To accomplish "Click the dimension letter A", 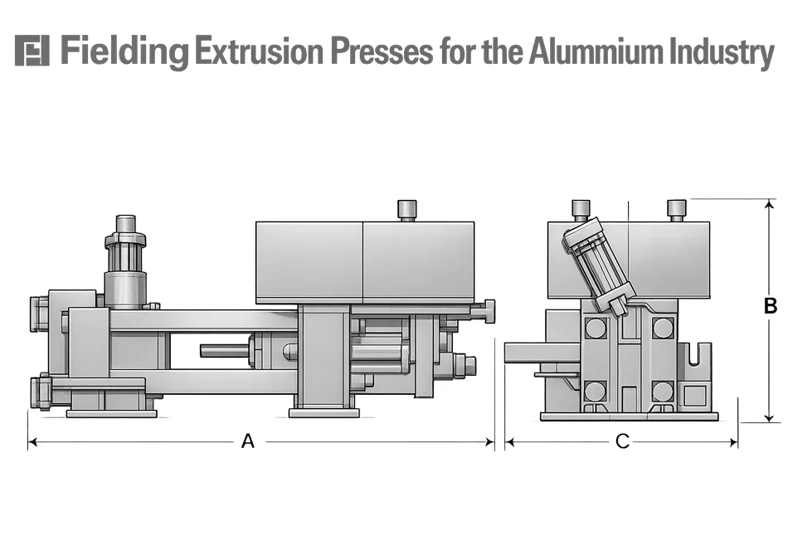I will (247, 442).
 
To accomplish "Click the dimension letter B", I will (771, 306).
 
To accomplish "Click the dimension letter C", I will (622, 442).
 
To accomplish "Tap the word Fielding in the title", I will (124, 52).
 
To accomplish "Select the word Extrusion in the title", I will (259, 52).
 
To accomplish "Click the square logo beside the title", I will (32, 51).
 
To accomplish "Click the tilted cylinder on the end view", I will (598, 264).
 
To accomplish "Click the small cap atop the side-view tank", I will (406, 209).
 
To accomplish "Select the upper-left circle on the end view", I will (595, 328).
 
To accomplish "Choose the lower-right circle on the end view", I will (662, 390).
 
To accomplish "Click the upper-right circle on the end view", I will (662, 328).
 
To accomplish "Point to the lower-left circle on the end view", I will (595, 390).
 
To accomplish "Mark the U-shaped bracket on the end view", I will (693, 366).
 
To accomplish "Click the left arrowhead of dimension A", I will (32, 443).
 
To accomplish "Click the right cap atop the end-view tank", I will (677, 209).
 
